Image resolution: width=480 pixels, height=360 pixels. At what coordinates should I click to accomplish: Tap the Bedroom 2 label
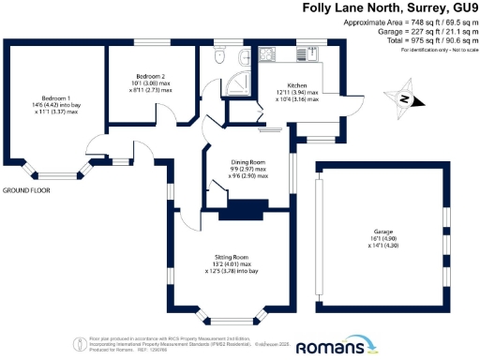(150, 76)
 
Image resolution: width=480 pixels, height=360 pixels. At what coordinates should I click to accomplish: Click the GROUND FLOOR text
(26, 190)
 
